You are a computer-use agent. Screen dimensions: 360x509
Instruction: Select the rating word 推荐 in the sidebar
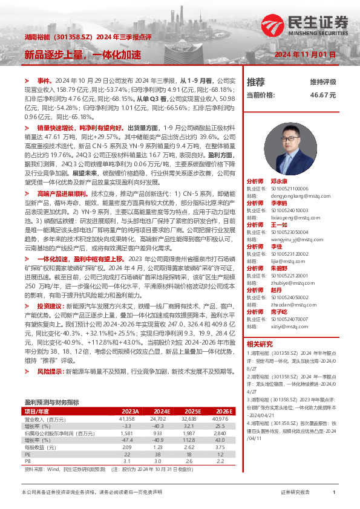(x=256, y=82)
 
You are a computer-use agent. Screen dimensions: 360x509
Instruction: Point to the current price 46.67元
(x=322, y=95)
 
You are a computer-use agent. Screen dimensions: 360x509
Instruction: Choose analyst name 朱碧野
(x=279, y=267)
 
